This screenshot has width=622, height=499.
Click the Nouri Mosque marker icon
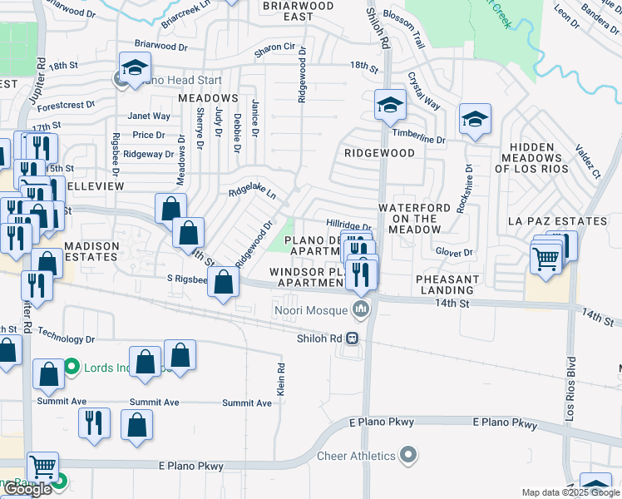tap(361, 311)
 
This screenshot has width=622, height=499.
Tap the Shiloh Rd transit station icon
tap(353, 338)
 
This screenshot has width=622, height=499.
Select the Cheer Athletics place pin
tap(407, 456)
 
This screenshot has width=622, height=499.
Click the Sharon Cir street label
tap(275, 49)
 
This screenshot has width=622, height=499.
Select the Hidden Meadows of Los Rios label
tap(537, 158)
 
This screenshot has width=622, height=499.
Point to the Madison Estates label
tap(91, 253)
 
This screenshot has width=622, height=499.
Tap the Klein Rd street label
tap(281, 379)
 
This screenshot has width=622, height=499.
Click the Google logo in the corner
tap(27, 489)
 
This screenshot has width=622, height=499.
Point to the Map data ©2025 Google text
tap(570, 492)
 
